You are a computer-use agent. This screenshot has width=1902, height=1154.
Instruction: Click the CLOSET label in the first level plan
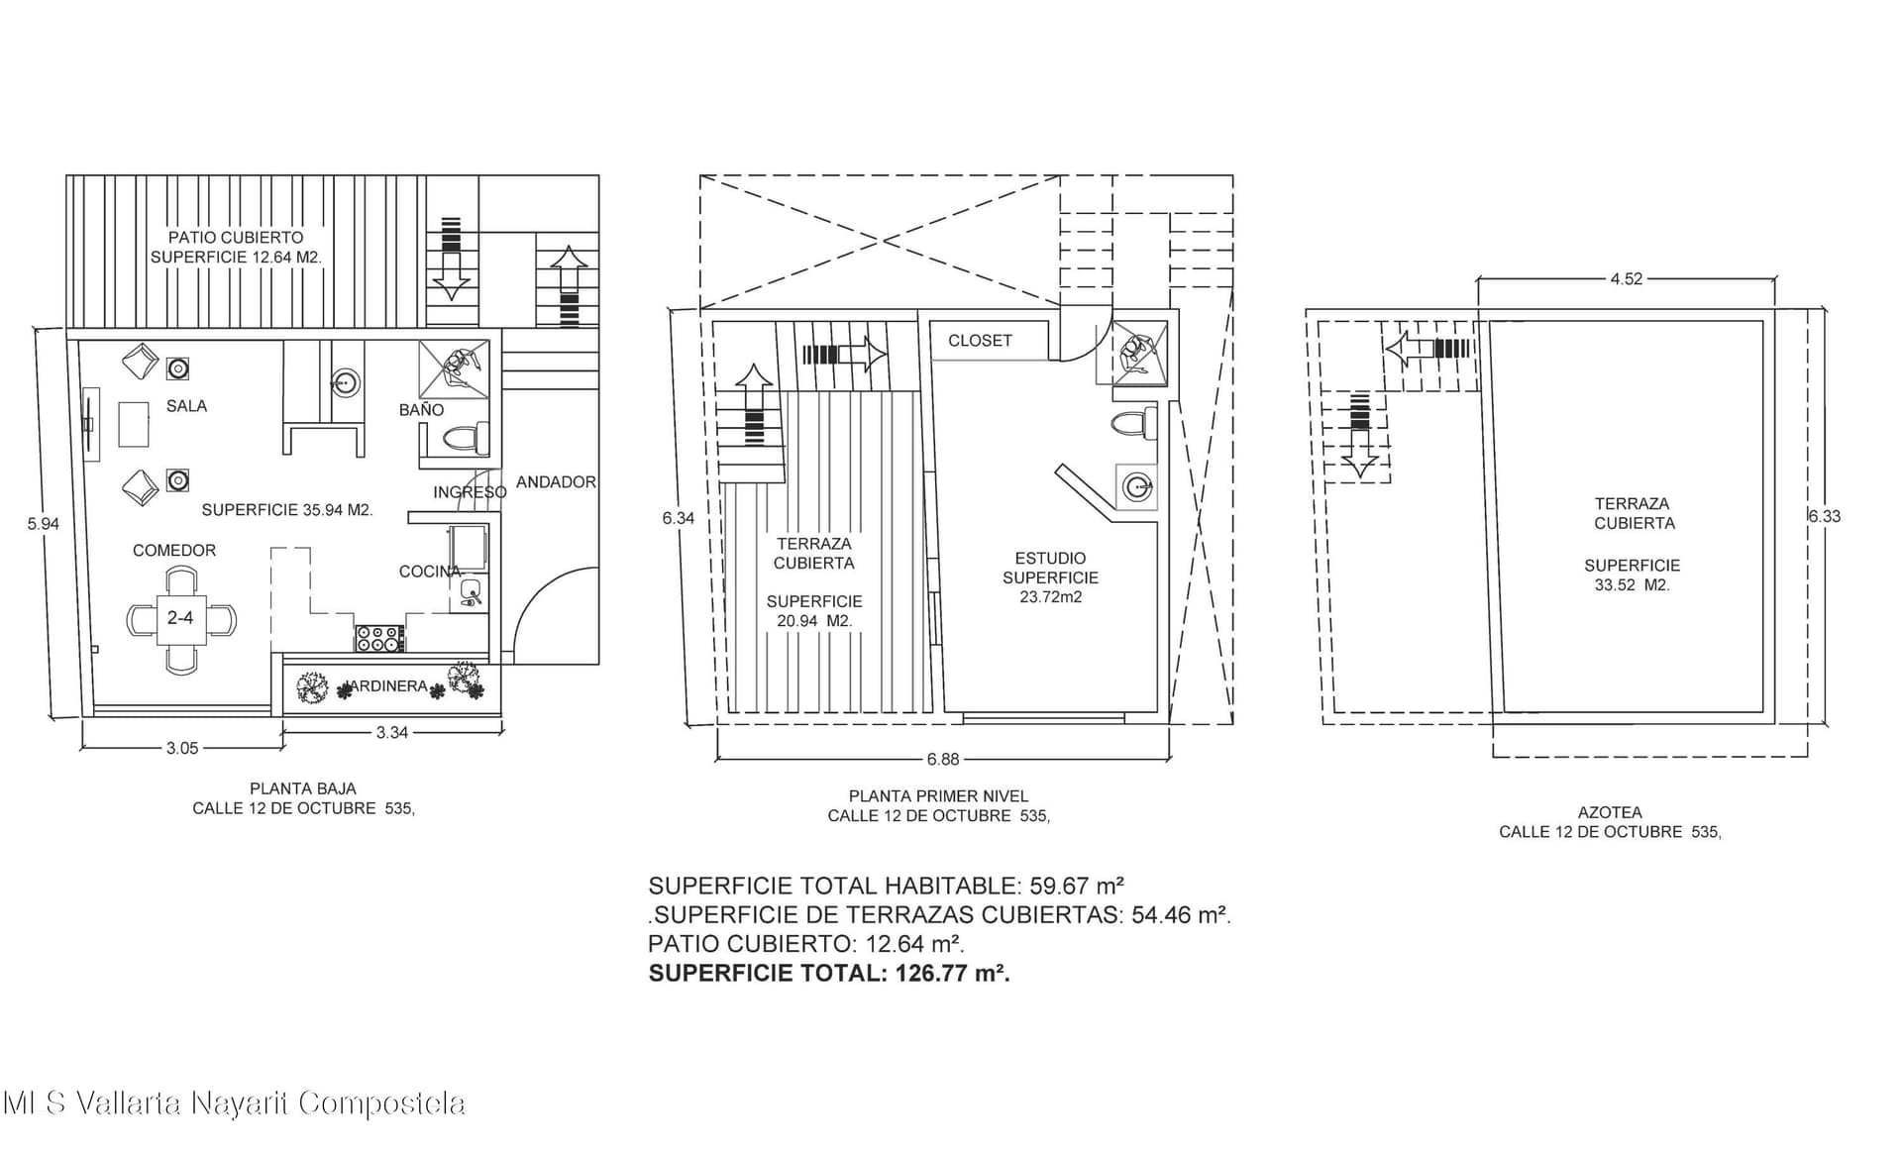(x=980, y=341)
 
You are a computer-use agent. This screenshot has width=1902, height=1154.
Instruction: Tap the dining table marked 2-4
(x=181, y=618)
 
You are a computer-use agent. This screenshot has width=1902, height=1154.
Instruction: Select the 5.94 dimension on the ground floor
(x=44, y=524)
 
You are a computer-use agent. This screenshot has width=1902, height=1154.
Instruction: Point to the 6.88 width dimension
(x=943, y=760)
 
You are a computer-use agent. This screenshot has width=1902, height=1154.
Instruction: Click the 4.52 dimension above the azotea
(x=1627, y=279)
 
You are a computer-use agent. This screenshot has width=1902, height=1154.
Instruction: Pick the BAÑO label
(x=421, y=410)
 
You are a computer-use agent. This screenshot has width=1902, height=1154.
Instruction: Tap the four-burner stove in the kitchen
(x=379, y=638)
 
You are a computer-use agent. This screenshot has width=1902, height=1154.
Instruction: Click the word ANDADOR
(x=556, y=482)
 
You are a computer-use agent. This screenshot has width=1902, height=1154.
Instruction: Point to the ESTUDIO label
(x=1050, y=559)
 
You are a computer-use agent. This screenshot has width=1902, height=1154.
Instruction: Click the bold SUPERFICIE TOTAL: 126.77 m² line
(x=829, y=973)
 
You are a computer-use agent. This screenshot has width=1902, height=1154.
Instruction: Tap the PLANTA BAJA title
(x=303, y=789)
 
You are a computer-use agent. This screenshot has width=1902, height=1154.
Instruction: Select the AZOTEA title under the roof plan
(x=1610, y=813)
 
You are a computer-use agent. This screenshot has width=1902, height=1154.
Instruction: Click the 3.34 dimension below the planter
(x=392, y=733)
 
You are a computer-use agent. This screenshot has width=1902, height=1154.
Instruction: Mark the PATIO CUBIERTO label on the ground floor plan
(x=236, y=238)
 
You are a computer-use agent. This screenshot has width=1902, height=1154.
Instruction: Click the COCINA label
(x=430, y=572)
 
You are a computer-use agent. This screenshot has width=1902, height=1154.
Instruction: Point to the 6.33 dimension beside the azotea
(x=1824, y=516)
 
